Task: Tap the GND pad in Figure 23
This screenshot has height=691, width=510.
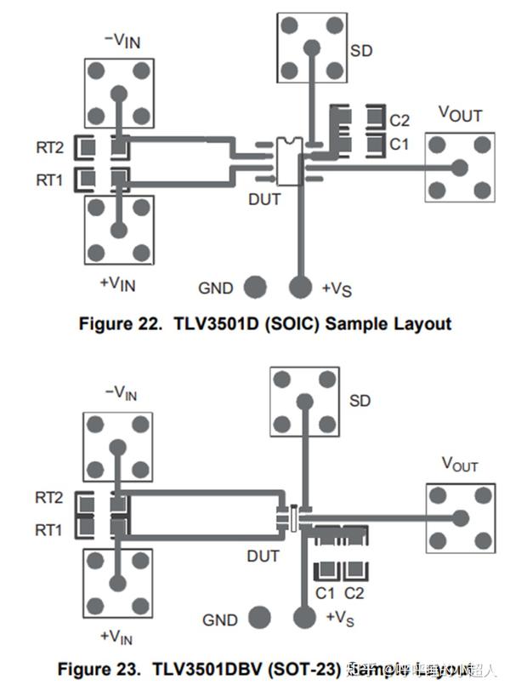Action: (x=258, y=619)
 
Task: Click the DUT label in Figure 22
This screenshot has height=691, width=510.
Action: (x=263, y=200)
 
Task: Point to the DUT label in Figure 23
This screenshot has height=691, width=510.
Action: (x=263, y=557)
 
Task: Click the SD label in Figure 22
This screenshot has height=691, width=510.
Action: (x=361, y=49)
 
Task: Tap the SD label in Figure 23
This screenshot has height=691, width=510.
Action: (x=360, y=400)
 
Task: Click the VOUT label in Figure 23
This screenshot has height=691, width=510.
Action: (x=459, y=465)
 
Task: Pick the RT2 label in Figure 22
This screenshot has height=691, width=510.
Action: (x=48, y=148)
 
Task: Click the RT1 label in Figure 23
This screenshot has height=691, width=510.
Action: (x=48, y=530)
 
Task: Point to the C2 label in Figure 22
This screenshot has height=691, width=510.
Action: (x=399, y=120)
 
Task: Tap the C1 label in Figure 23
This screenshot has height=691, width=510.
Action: (x=325, y=593)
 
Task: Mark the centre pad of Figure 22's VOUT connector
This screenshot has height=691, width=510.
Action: (x=459, y=168)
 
